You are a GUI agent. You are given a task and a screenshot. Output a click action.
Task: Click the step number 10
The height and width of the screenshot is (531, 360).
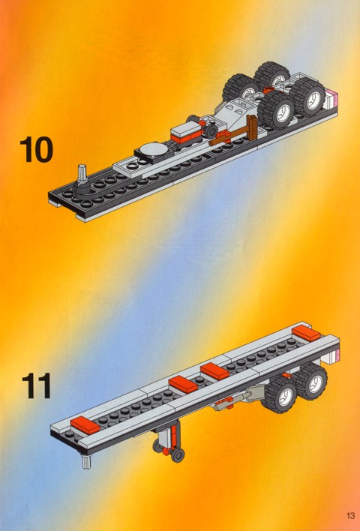(37, 149)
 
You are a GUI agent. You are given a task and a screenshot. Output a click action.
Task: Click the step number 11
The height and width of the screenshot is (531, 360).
(37, 385)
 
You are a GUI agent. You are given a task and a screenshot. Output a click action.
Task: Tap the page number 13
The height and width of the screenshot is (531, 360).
(350, 516)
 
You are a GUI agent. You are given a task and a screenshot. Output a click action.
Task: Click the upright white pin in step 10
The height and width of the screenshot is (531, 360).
(82, 175)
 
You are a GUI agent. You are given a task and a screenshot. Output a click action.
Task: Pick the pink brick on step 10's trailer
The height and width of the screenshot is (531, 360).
(332, 98)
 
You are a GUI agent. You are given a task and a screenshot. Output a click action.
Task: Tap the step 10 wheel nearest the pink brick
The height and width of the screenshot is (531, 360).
(307, 97)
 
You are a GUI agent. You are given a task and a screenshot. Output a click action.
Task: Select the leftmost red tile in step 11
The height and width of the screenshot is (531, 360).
(85, 426)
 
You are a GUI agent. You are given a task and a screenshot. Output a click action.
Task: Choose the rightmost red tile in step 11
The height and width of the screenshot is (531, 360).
(306, 333)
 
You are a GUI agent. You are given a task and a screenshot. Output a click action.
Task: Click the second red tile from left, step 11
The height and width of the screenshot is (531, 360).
(183, 384)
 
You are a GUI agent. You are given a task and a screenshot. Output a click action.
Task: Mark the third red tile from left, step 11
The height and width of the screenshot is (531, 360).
(214, 370)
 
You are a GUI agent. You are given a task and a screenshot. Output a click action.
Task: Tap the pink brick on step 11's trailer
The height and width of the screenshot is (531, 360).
(332, 356)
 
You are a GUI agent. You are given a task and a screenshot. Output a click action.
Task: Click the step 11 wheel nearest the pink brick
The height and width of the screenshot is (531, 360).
(311, 382)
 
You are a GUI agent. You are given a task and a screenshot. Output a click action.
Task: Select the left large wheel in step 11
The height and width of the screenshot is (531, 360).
(280, 394)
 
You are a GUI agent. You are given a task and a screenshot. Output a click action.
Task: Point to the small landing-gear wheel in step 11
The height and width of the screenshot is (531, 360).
(178, 455)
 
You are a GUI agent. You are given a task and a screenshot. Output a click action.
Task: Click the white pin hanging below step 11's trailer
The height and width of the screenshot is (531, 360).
(86, 461)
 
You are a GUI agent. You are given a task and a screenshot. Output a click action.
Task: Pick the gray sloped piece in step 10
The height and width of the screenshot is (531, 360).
(238, 112)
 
